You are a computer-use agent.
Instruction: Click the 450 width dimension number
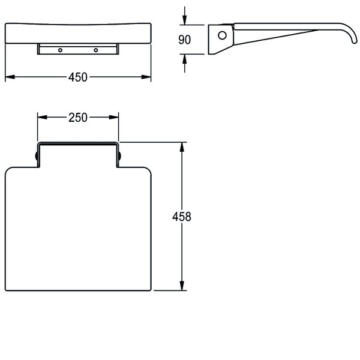click(x=78, y=77)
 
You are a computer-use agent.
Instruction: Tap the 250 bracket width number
click(x=78, y=117)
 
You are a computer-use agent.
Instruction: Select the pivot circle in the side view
click(x=223, y=35)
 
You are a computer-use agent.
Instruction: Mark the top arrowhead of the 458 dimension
click(x=181, y=146)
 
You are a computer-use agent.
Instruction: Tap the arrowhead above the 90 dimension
click(x=184, y=20)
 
